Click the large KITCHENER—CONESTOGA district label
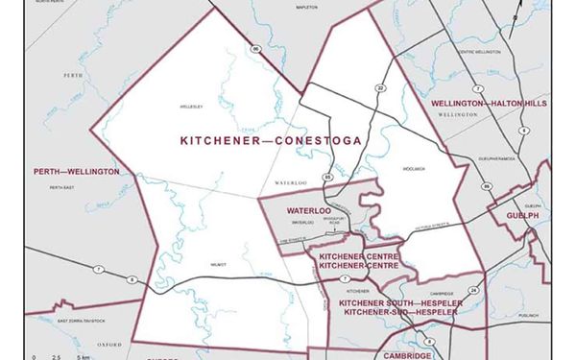(x=271, y=140)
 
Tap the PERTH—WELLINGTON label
(x=77, y=172)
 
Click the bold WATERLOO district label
(x=308, y=209)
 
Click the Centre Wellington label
(x=480, y=52)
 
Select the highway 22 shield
(x=381, y=87)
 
